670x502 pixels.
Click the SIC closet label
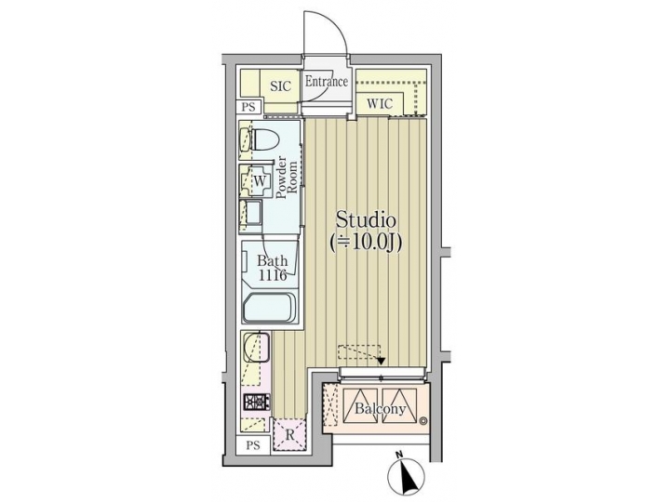280,86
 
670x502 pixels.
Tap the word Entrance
327,82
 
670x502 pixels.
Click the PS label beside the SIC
248,108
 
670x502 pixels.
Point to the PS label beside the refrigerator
253,446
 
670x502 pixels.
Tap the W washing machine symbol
261,180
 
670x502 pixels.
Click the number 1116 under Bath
272,276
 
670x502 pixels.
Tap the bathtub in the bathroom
270,308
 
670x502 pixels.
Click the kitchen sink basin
256,350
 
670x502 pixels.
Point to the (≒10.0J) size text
367,244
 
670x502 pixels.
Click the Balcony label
379,409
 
